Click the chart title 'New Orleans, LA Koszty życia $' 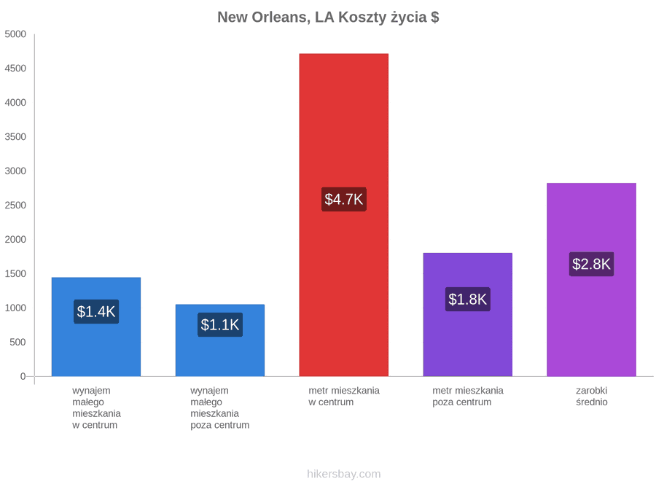tap(328, 17)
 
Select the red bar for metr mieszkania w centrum tap(343, 214)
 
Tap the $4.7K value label tap(343, 199)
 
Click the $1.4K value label tap(96, 311)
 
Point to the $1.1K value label tap(220, 324)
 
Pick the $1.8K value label tap(468, 299)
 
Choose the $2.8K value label tap(592, 264)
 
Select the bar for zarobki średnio tap(592, 279)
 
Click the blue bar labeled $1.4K tap(96, 327)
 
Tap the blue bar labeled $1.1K tap(220, 340)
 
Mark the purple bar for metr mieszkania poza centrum tap(468, 315)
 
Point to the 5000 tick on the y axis tap(15, 34)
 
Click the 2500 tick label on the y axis tap(15, 206)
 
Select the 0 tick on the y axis tap(23, 377)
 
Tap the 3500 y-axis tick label tap(15, 137)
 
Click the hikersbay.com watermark tap(344, 474)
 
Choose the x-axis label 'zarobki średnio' tap(592, 397)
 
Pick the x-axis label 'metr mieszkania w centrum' tap(344, 397)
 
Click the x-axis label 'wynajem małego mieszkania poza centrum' tap(219, 408)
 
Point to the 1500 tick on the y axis tap(15, 273)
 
